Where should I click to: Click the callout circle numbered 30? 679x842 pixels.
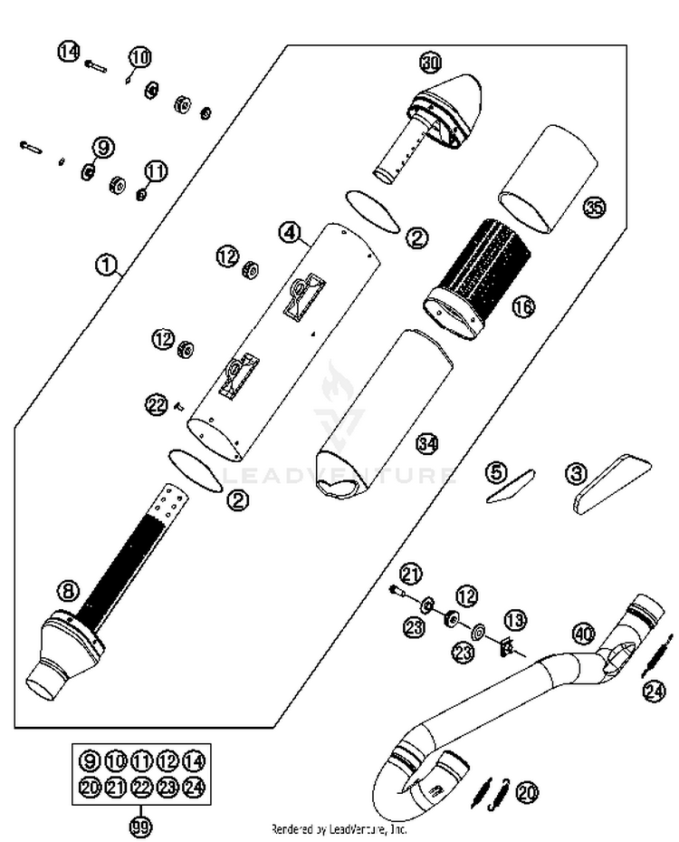430,63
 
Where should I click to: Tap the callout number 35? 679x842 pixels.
593,208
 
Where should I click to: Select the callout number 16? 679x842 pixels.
522,307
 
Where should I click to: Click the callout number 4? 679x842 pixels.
289,233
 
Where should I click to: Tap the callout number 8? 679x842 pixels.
68,592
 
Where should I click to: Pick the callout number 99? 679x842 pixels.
140,826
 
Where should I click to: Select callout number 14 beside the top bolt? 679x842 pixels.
69,52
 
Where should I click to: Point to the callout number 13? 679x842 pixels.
515,621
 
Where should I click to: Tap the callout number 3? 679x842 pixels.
576,472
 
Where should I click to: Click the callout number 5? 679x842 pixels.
493,471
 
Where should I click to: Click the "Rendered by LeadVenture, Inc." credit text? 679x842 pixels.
339,828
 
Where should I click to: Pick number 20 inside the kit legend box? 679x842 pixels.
90,787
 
